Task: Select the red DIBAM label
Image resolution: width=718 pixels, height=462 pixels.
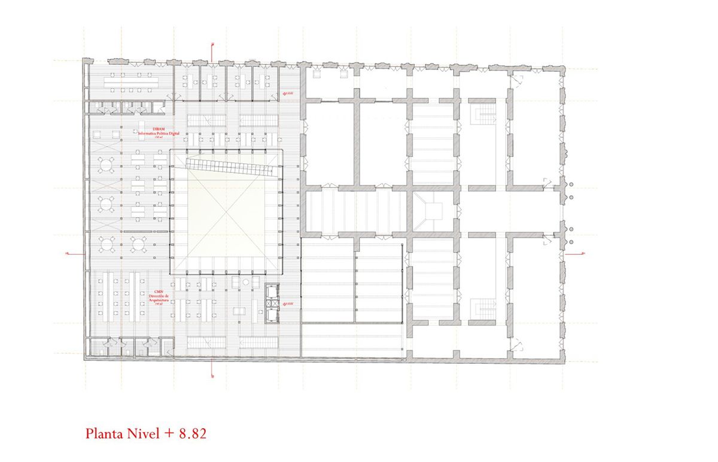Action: pyautogui.click(x=159, y=129)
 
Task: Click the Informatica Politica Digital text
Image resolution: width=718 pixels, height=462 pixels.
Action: pyautogui.click(x=159, y=133)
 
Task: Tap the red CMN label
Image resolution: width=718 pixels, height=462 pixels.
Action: pyautogui.click(x=159, y=292)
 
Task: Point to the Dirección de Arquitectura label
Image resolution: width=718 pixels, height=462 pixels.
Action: pyautogui.click(x=159, y=299)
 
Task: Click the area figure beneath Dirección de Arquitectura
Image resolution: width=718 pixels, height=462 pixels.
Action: pyautogui.click(x=159, y=305)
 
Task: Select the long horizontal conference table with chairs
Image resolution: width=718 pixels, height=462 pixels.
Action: pyautogui.click(x=129, y=78)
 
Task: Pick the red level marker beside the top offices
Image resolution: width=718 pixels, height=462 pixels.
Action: pyautogui.click(x=289, y=93)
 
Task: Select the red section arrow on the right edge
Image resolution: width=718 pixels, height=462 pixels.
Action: pyautogui.click(x=582, y=254)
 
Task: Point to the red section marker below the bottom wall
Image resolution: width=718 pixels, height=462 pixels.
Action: pyautogui.click(x=214, y=375)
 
